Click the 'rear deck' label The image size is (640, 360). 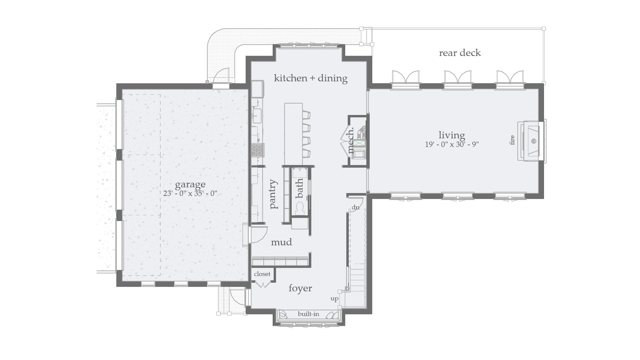click(x=460, y=53)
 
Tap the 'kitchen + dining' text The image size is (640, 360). click(x=311, y=78)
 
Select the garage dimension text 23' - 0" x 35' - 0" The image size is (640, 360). click(x=190, y=193)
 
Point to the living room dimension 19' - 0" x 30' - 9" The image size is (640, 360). click(x=452, y=144)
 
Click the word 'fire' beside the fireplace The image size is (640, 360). click(x=512, y=140)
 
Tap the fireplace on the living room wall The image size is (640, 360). click(x=531, y=141)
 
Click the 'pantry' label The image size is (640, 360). click(x=274, y=194)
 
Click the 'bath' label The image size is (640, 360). click(x=299, y=188)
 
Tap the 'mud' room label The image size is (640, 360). click(x=281, y=242)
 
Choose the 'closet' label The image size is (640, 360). click(x=262, y=274)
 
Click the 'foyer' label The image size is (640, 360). click(x=300, y=288)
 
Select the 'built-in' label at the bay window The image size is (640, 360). click(x=308, y=314)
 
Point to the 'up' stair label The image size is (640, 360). click(x=334, y=299)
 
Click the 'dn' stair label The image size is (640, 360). click(x=356, y=208)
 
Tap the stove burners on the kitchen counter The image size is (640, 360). click(x=257, y=150)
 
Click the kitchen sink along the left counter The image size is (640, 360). click(x=257, y=115)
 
